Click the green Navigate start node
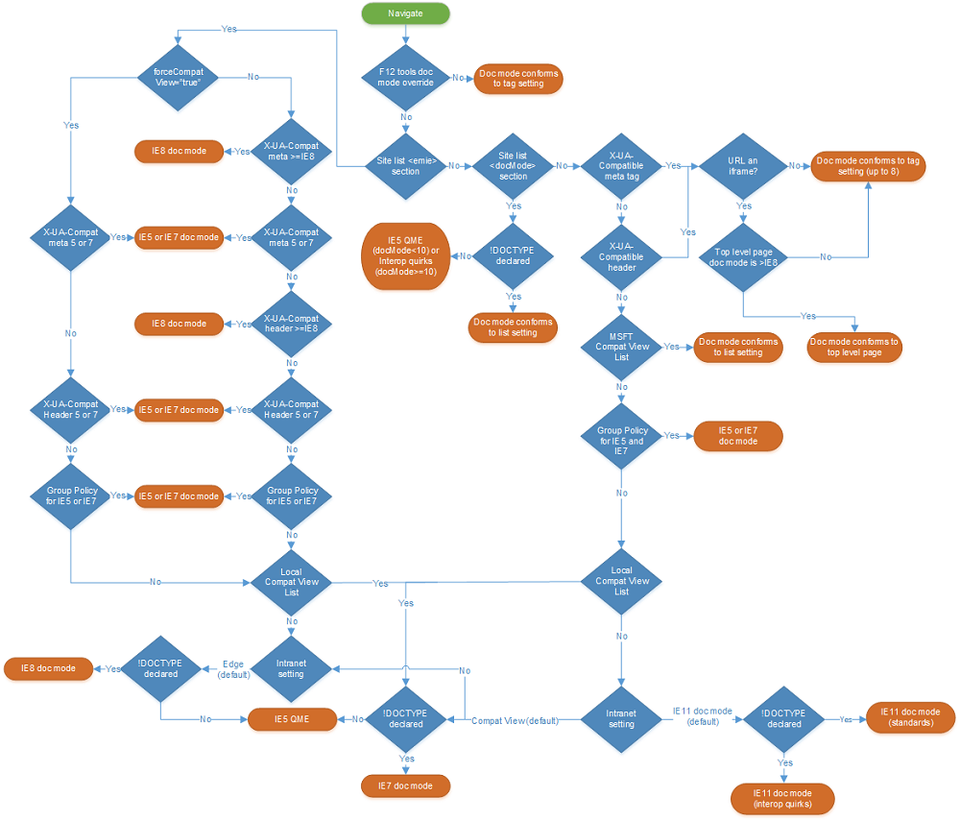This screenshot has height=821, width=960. (x=405, y=13)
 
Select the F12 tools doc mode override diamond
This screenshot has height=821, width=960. (x=405, y=77)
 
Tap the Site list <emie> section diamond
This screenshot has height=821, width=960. (x=405, y=165)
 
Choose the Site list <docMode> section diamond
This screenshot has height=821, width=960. (x=514, y=165)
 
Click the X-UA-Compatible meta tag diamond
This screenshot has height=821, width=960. (x=621, y=165)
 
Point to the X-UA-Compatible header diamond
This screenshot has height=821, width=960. (x=621, y=255)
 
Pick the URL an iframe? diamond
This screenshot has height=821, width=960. (x=743, y=165)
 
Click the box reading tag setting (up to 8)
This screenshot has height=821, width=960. (x=868, y=166)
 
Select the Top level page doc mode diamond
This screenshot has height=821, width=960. (x=743, y=256)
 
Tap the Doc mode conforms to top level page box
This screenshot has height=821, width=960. (x=854, y=347)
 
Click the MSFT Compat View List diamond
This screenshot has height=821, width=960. (x=621, y=346)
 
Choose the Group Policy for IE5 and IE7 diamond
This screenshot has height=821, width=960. (x=621, y=436)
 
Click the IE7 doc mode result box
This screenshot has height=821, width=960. (x=405, y=785)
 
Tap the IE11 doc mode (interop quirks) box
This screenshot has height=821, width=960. (x=782, y=798)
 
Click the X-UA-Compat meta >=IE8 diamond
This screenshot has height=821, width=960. (x=291, y=151)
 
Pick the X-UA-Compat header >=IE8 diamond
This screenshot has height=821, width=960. (x=291, y=324)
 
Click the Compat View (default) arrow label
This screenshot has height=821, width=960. (x=514, y=720)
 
